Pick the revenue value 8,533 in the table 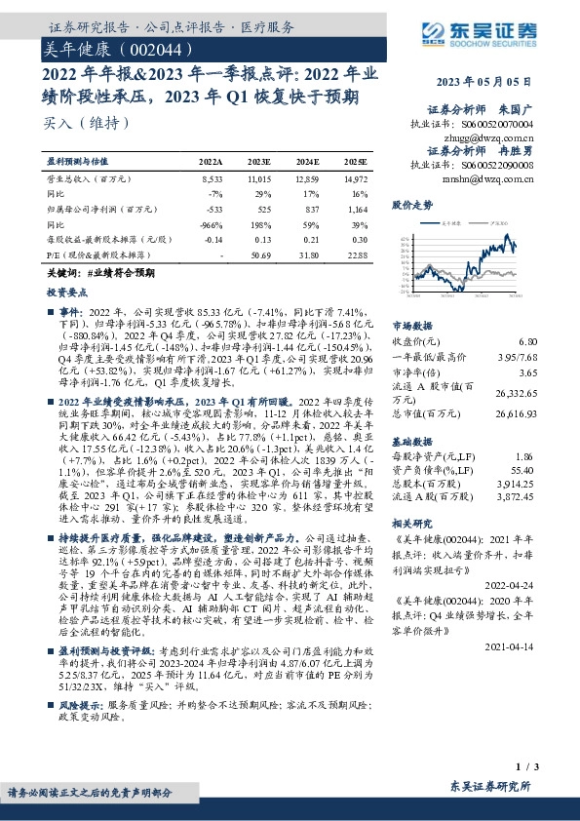[212, 181]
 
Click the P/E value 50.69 [259, 254]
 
